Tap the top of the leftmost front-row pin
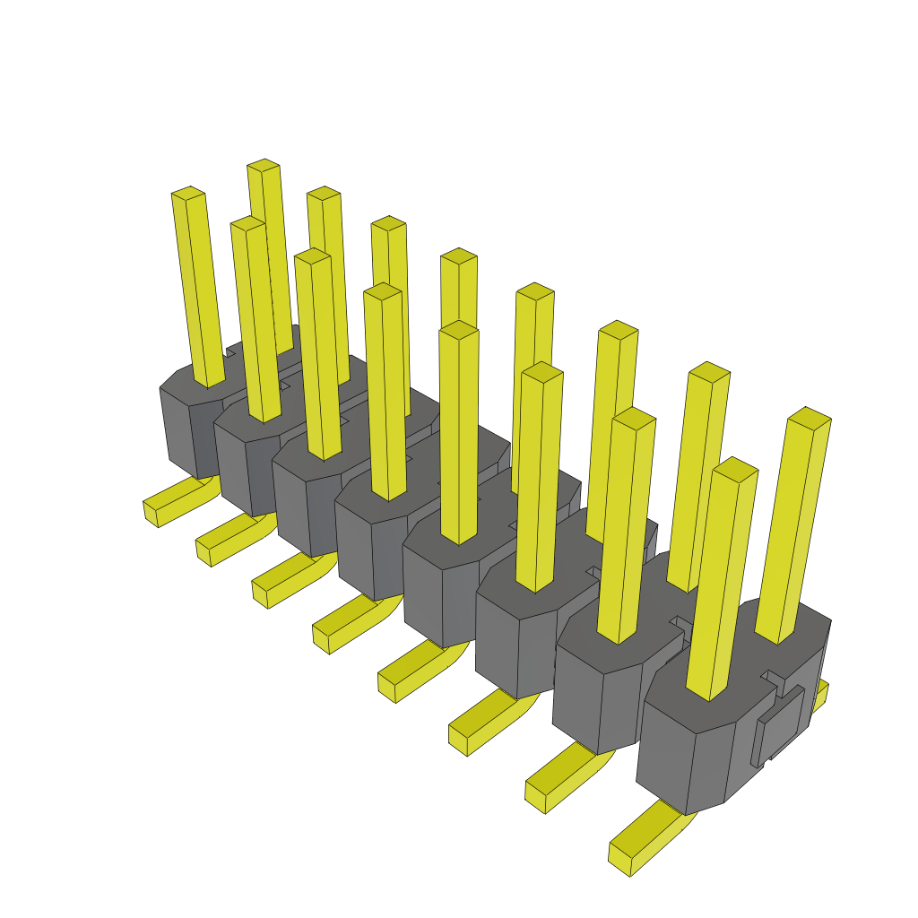click(x=188, y=193)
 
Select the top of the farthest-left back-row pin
click(x=264, y=165)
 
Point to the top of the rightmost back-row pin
click(x=810, y=418)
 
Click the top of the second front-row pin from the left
click(x=247, y=222)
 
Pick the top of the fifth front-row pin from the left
click(x=459, y=330)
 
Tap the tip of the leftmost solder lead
click(x=150, y=513)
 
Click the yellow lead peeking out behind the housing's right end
click(x=820, y=696)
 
